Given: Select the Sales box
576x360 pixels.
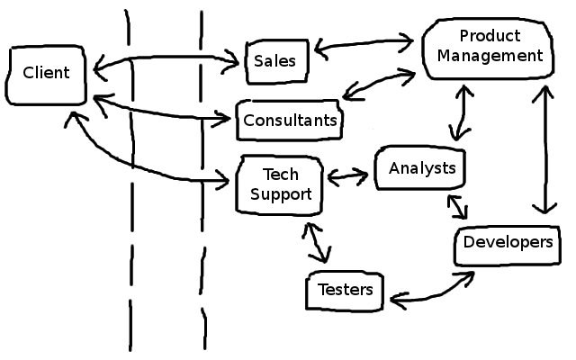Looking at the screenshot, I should tap(275, 61).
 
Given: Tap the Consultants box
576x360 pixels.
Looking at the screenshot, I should tap(290, 121).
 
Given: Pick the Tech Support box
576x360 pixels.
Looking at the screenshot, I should tap(279, 184).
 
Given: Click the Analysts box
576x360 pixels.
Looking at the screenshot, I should tap(422, 167).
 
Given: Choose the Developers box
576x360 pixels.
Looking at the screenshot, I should tap(507, 243).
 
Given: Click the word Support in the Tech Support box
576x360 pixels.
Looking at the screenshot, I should tap(279, 193).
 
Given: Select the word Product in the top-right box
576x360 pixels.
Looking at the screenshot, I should tap(490, 37).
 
